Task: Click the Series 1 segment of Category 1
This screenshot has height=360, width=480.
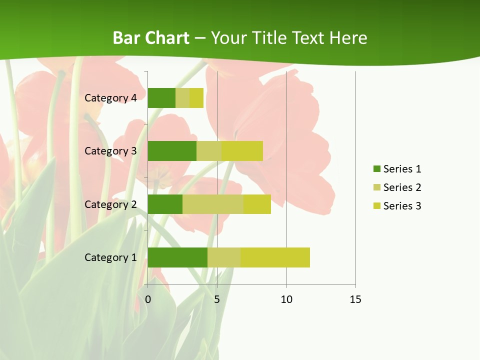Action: tap(177, 257)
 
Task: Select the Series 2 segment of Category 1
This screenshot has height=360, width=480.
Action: tap(224, 257)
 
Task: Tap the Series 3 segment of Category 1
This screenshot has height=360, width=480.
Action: tap(275, 257)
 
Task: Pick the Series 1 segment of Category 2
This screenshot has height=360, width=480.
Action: tap(165, 204)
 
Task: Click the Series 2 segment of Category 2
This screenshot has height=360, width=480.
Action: tap(213, 204)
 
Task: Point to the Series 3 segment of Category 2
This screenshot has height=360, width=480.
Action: tap(257, 204)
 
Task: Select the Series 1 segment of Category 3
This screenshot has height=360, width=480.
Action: tap(172, 151)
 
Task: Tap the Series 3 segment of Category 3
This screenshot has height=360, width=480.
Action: tap(242, 151)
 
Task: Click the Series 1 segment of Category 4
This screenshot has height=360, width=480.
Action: tap(161, 98)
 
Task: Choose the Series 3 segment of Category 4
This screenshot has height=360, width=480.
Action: tap(196, 98)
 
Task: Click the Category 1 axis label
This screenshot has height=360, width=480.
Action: tap(110, 257)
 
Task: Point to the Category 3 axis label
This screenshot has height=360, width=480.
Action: tap(110, 151)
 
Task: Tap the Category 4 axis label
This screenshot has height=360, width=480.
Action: tap(110, 98)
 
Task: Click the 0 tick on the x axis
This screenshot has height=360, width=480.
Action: tap(148, 299)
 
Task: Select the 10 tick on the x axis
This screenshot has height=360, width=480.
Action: tap(286, 299)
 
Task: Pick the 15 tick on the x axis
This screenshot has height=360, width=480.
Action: tap(355, 299)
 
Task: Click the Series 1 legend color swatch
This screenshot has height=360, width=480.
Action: tap(376, 169)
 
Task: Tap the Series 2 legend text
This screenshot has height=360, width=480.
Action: tap(402, 187)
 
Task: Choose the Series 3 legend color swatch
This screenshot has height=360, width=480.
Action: tap(376, 206)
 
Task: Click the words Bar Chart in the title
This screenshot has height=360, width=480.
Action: tap(151, 38)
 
